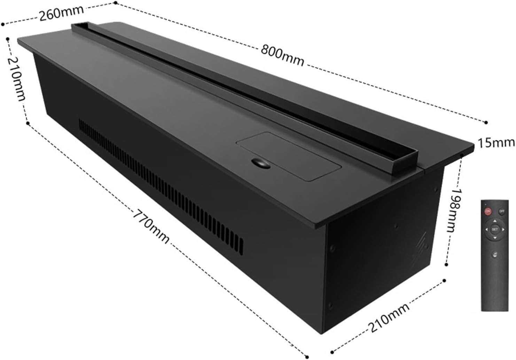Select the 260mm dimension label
(61, 13)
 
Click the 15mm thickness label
(495, 142)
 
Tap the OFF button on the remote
(502, 211)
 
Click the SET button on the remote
(495, 229)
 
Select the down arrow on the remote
(495, 237)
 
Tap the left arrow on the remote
(487, 229)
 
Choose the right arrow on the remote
(503, 229)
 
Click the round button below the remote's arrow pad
(495, 255)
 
